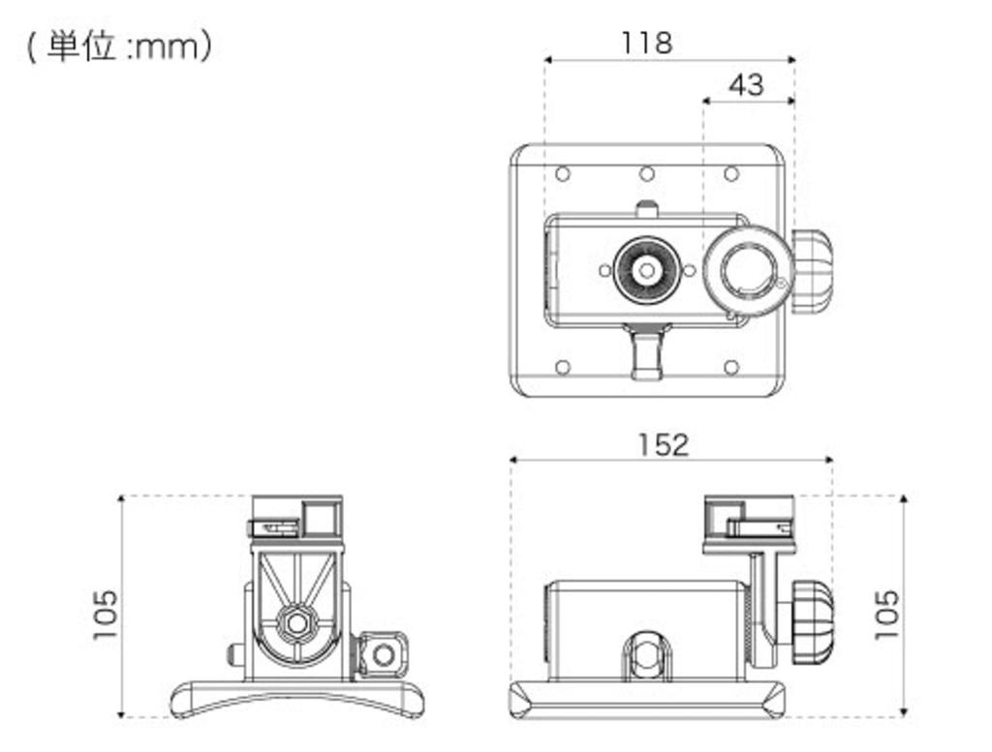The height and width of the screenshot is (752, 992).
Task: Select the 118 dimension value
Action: [646, 43]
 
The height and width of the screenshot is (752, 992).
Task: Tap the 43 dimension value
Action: [745, 85]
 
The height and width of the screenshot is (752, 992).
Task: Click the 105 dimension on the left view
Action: [105, 614]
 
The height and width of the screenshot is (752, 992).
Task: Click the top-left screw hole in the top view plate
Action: [562, 174]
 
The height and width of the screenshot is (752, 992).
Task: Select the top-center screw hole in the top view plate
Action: [647, 174]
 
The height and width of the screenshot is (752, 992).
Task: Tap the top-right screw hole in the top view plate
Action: [731, 174]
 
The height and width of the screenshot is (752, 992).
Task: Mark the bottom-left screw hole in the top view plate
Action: [562, 367]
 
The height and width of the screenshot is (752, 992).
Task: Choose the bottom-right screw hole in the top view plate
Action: [731, 367]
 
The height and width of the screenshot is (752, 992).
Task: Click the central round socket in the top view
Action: [646, 270]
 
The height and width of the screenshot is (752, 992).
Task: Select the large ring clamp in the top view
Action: [748, 271]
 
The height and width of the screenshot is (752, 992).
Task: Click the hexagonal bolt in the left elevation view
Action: [295, 620]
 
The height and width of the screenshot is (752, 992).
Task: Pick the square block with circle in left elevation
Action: [384, 654]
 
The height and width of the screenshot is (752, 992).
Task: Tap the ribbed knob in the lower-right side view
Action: [812, 620]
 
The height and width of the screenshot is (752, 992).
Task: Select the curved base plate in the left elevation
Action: [295, 696]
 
